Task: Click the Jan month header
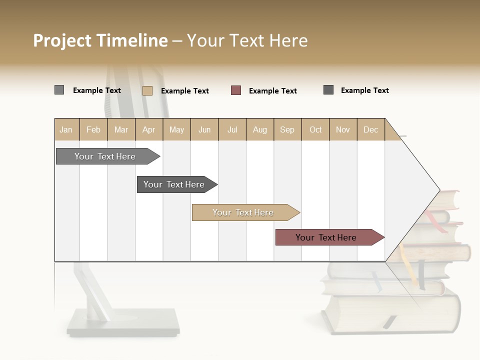click(66, 129)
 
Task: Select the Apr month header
click(149, 129)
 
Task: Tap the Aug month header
click(260, 129)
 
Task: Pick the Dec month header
click(370, 129)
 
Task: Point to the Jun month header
click(204, 129)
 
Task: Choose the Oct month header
click(315, 129)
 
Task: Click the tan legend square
click(147, 90)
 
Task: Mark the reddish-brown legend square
click(236, 90)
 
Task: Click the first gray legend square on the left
click(59, 90)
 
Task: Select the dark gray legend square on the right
click(328, 90)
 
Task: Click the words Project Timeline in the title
click(100, 40)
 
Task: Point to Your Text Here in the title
click(247, 40)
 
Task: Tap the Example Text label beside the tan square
click(185, 91)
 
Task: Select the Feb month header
click(93, 129)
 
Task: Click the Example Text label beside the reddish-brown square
click(273, 91)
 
